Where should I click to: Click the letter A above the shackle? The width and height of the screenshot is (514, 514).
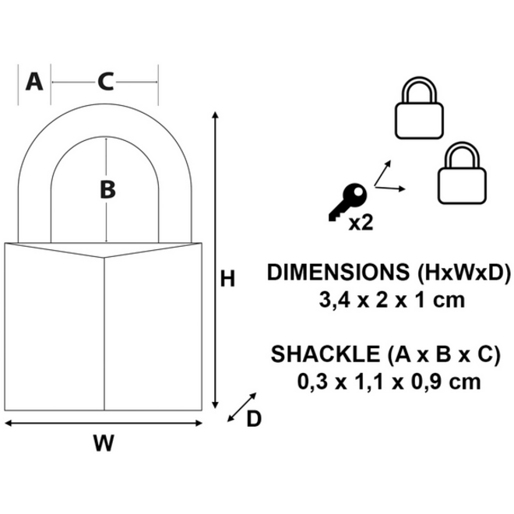click(34, 82)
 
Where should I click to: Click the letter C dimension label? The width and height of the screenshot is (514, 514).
click(106, 82)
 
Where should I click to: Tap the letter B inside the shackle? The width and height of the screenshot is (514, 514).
click(107, 190)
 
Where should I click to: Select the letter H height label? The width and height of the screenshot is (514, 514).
click(227, 279)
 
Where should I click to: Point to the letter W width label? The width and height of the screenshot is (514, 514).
click(104, 443)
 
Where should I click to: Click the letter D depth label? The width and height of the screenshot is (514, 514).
click(254, 419)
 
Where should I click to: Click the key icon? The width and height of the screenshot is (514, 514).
click(348, 202)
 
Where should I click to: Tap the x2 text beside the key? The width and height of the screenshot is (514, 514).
click(361, 223)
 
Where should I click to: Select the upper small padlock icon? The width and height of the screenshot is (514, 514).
click(419, 107)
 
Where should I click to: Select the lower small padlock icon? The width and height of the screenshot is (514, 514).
click(462, 173)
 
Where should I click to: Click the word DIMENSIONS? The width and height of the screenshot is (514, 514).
click(338, 272)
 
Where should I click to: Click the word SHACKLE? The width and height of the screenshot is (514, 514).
click(326, 354)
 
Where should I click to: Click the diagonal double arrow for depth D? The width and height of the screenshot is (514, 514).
click(242, 407)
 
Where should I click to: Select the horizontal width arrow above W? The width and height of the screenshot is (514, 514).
click(104, 423)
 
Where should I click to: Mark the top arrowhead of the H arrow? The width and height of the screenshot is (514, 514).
click(215, 114)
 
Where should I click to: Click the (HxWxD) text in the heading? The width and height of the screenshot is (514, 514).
click(464, 273)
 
